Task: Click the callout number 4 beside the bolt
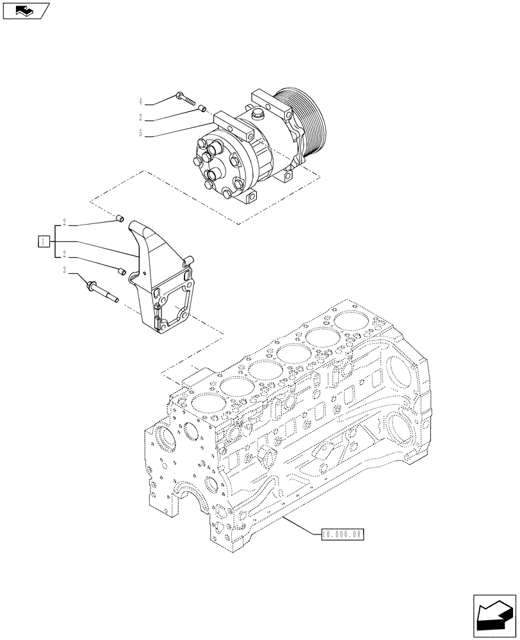(x=140, y=102)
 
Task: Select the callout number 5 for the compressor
(x=140, y=134)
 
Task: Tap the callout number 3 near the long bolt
(x=65, y=271)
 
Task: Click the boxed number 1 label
(x=42, y=241)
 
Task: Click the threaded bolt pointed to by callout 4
(x=184, y=99)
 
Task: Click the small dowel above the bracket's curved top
(x=118, y=221)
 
